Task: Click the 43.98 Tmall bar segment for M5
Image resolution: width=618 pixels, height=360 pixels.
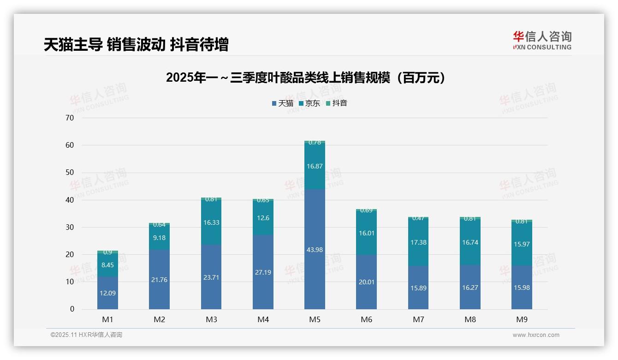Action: pyautogui.click(x=315, y=249)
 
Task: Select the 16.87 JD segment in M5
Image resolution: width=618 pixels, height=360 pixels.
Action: pyautogui.click(x=315, y=166)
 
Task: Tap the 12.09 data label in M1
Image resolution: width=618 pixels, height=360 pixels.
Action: pyautogui.click(x=107, y=293)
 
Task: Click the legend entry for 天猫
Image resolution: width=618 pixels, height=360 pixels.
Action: pyautogui.click(x=282, y=103)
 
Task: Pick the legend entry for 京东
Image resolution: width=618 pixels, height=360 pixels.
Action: pyautogui.click(x=309, y=103)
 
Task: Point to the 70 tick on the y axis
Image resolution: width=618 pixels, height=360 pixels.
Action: pyautogui.click(x=70, y=118)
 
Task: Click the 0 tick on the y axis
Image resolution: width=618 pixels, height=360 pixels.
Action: pyautogui.click(x=72, y=309)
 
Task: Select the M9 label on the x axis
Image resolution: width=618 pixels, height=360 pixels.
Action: pyautogui.click(x=522, y=319)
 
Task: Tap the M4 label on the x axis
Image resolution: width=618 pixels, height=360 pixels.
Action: pyautogui.click(x=263, y=319)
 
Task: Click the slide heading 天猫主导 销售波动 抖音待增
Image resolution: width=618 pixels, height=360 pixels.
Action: pyautogui.click(x=136, y=45)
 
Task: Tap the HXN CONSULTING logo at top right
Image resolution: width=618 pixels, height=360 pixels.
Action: pyautogui.click(x=542, y=41)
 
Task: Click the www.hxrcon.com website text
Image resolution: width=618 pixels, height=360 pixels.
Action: pyautogui.click(x=536, y=335)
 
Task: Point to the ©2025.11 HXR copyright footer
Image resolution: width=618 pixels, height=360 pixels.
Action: pyautogui.click(x=86, y=335)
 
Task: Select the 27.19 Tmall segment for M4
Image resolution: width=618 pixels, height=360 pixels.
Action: pyautogui.click(x=263, y=272)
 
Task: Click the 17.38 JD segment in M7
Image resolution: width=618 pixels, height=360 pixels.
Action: pyautogui.click(x=418, y=242)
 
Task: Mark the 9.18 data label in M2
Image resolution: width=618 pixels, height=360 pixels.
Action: pyautogui.click(x=159, y=238)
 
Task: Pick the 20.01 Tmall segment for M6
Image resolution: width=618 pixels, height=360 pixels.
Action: pyautogui.click(x=366, y=282)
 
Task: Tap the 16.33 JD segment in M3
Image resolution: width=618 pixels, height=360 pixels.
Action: pyautogui.click(x=211, y=222)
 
